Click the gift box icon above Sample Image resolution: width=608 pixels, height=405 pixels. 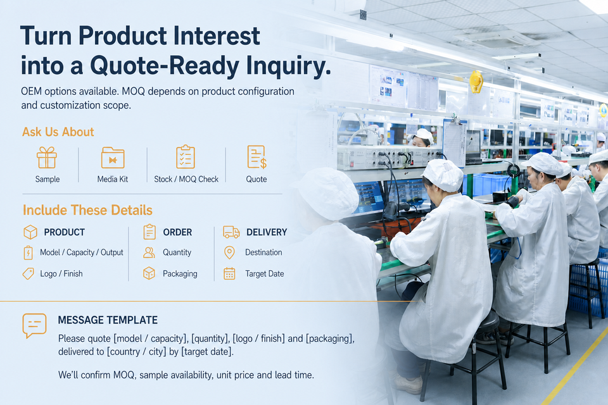coord(47,158)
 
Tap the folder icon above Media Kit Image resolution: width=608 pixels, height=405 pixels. coord(113,158)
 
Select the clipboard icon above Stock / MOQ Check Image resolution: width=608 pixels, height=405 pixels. coord(186,156)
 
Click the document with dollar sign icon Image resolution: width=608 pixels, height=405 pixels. coord(256,157)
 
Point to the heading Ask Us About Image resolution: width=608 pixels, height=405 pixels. coord(58,132)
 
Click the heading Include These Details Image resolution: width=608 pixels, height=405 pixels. coord(87,210)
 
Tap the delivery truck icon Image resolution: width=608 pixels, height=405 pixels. coord(231,232)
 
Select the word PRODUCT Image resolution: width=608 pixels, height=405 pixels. coord(65,232)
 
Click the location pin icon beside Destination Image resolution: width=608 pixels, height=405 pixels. coord(229,252)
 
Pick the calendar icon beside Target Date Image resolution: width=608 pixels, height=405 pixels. coord(229,273)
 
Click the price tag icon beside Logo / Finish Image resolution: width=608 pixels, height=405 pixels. coord(28,273)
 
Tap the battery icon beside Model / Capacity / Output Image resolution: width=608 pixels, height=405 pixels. coord(28,252)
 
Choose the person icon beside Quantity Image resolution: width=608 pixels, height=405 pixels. coord(149,252)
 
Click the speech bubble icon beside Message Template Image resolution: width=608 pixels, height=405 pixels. coord(34,325)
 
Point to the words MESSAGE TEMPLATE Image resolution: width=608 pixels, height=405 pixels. coord(108,320)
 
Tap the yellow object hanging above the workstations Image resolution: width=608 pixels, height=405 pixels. coord(476,82)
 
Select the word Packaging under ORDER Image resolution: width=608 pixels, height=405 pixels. coord(180,273)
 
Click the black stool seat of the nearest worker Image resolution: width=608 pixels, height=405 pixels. coord(486,323)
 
